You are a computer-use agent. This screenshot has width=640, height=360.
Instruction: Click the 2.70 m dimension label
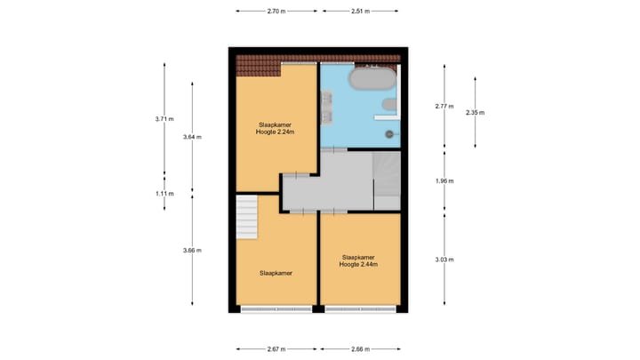tap(276, 12)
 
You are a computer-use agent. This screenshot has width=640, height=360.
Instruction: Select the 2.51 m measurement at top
tap(360, 12)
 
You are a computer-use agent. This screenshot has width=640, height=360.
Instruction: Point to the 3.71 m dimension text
tap(164, 118)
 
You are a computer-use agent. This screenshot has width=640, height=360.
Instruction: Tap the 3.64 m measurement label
tap(192, 137)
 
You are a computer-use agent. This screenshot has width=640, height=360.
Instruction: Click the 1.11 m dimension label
tap(164, 193)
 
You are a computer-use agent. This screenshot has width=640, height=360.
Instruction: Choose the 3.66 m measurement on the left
tap(192, 250)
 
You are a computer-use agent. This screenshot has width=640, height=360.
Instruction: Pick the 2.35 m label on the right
tap(476, 112)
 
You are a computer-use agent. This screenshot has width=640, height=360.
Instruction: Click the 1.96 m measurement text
tap(445, 181)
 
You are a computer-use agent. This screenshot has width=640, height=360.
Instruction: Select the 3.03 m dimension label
tap(445, 260)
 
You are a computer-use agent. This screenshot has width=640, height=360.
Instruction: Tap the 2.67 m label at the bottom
tap(276, 349)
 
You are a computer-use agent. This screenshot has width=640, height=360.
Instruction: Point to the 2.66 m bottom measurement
tap(360, 349)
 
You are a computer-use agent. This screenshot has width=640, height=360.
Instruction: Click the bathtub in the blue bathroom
tap(372, 79)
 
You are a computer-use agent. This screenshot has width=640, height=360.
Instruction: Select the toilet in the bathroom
tap(388, 106)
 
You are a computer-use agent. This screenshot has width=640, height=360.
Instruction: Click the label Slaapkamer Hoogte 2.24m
tap(275, 128)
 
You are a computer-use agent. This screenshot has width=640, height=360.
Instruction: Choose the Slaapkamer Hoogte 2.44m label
tap(359, 260)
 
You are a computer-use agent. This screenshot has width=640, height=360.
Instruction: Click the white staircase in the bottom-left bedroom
tap(246, 218)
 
